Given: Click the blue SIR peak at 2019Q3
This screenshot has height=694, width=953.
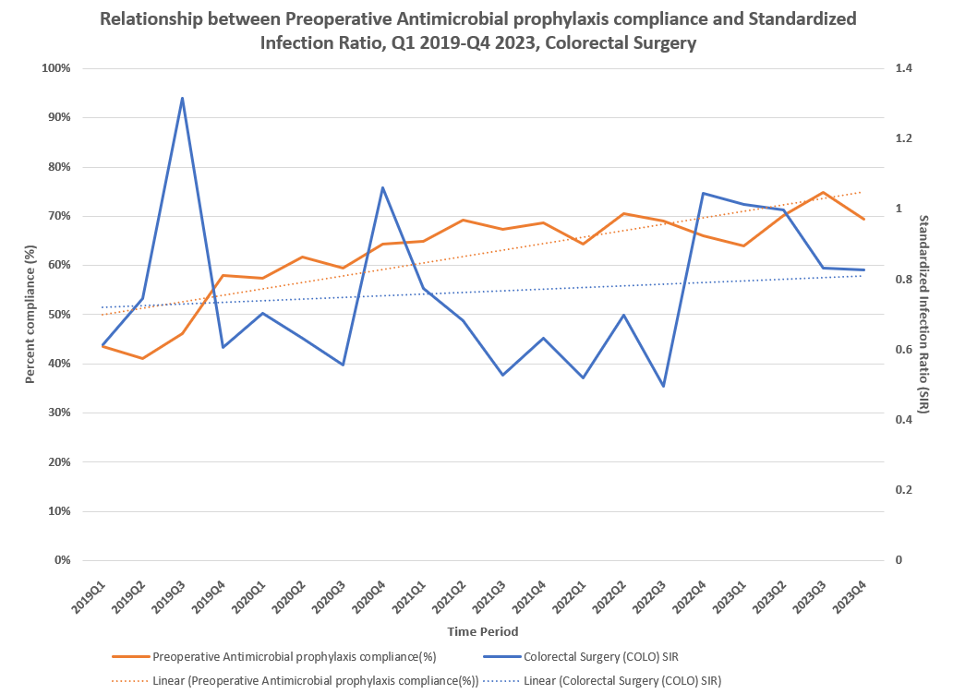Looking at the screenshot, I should (x=182, y=98).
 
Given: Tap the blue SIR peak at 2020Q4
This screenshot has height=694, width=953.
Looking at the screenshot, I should (x=382, y=187).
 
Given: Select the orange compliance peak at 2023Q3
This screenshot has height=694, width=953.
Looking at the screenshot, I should (x=823, y=193).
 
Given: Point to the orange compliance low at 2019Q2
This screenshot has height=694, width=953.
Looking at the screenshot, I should (x=142, y=358).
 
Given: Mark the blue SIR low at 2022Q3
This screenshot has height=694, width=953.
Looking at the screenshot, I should (x=663, y=386).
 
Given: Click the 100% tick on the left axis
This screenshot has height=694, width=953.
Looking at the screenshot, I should (x=57, y=68).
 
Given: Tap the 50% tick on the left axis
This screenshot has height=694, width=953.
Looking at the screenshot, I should (x=60, y=315).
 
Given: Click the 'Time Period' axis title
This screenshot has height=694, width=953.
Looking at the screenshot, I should (x=482, y=632).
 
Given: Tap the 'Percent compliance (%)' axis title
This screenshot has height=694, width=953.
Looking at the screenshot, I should (x=30, y=314).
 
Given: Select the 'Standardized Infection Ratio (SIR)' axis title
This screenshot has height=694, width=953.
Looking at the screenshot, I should (x=923, y=314).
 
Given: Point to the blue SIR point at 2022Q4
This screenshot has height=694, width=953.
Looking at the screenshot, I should (x=703, y=193).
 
